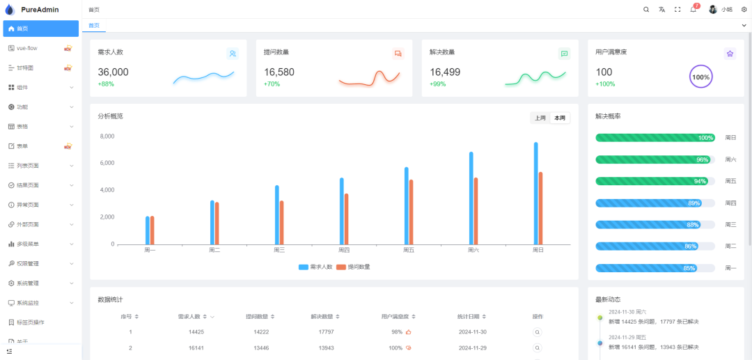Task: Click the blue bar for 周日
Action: [536, 194]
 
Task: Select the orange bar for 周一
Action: [152, 230]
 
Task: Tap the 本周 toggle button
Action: [560, 118]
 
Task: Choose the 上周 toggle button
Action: [540, 118]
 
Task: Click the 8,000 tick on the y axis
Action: [107, 136]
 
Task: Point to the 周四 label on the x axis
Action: [344, 250]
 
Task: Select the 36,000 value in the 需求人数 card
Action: [113, 72]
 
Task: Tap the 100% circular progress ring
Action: [700, 77]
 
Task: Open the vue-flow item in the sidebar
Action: [27, 48]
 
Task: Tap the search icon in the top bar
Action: [646, 10]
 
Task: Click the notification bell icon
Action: [693, 10]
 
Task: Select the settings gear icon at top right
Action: [744, 10]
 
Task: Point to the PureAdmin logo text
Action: [40, 10]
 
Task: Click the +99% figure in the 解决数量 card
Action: [438, 84]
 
